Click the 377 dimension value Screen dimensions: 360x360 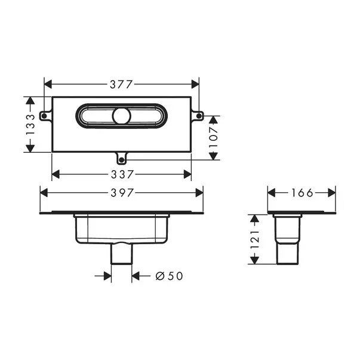(x=121, y=84)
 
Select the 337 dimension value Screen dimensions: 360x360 (x=121, y=174)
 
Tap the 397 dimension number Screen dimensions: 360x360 (x=121, y=193)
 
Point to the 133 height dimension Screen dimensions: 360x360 (x=30, y=125)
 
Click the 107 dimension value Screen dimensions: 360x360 (x=214, y=137)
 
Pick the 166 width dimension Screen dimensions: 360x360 (x=301, y=193)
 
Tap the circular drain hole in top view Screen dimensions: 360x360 (x=122, y=116)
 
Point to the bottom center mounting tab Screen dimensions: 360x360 (x=121, y=159)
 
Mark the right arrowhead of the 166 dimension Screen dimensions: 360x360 (x=331, y=193)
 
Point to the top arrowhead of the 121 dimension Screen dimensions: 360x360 (x=254, y=218)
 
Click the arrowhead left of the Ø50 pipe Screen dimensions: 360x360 (x=107, y=276)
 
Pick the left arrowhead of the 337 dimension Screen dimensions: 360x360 (x=56, y=174)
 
